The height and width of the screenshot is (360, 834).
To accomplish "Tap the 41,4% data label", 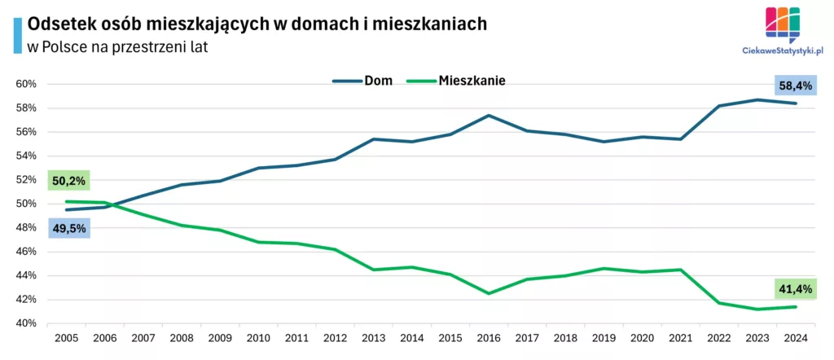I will (793, 288).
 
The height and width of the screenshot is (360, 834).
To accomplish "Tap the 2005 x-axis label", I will (67, 337).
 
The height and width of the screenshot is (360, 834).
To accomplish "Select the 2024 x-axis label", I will (795, 337).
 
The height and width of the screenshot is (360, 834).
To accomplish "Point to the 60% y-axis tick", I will (26, 84).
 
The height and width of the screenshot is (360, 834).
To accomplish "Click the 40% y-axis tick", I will (26, 323).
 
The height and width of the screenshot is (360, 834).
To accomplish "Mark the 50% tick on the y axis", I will (26, 204).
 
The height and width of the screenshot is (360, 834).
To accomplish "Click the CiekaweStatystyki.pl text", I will (783, 50).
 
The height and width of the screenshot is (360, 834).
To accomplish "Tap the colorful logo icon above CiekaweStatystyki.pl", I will (783, 23).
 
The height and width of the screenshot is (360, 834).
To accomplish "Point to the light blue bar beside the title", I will (18, 35).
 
